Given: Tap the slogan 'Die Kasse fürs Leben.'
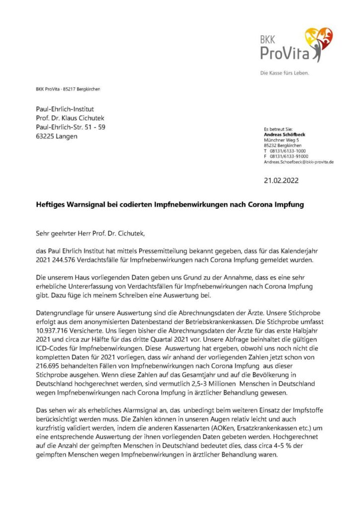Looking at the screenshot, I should pyautogui.click(x=284, y=73).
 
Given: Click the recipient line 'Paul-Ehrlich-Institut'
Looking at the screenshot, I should pyautogui.click(x=65, y=109).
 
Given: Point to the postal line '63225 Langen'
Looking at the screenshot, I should pyautogui.click(x=57, y=136).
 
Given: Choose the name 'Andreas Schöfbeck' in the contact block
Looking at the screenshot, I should pyautogui.click(x=285, y=134).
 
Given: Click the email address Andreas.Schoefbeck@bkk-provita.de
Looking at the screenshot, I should pyautogui.click(x=298, y=162).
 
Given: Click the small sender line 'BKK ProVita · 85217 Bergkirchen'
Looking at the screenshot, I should pyautogui.click(x=68, y=89).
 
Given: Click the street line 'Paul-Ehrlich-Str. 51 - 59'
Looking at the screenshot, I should pyautogui.click(x=71, y=127).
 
